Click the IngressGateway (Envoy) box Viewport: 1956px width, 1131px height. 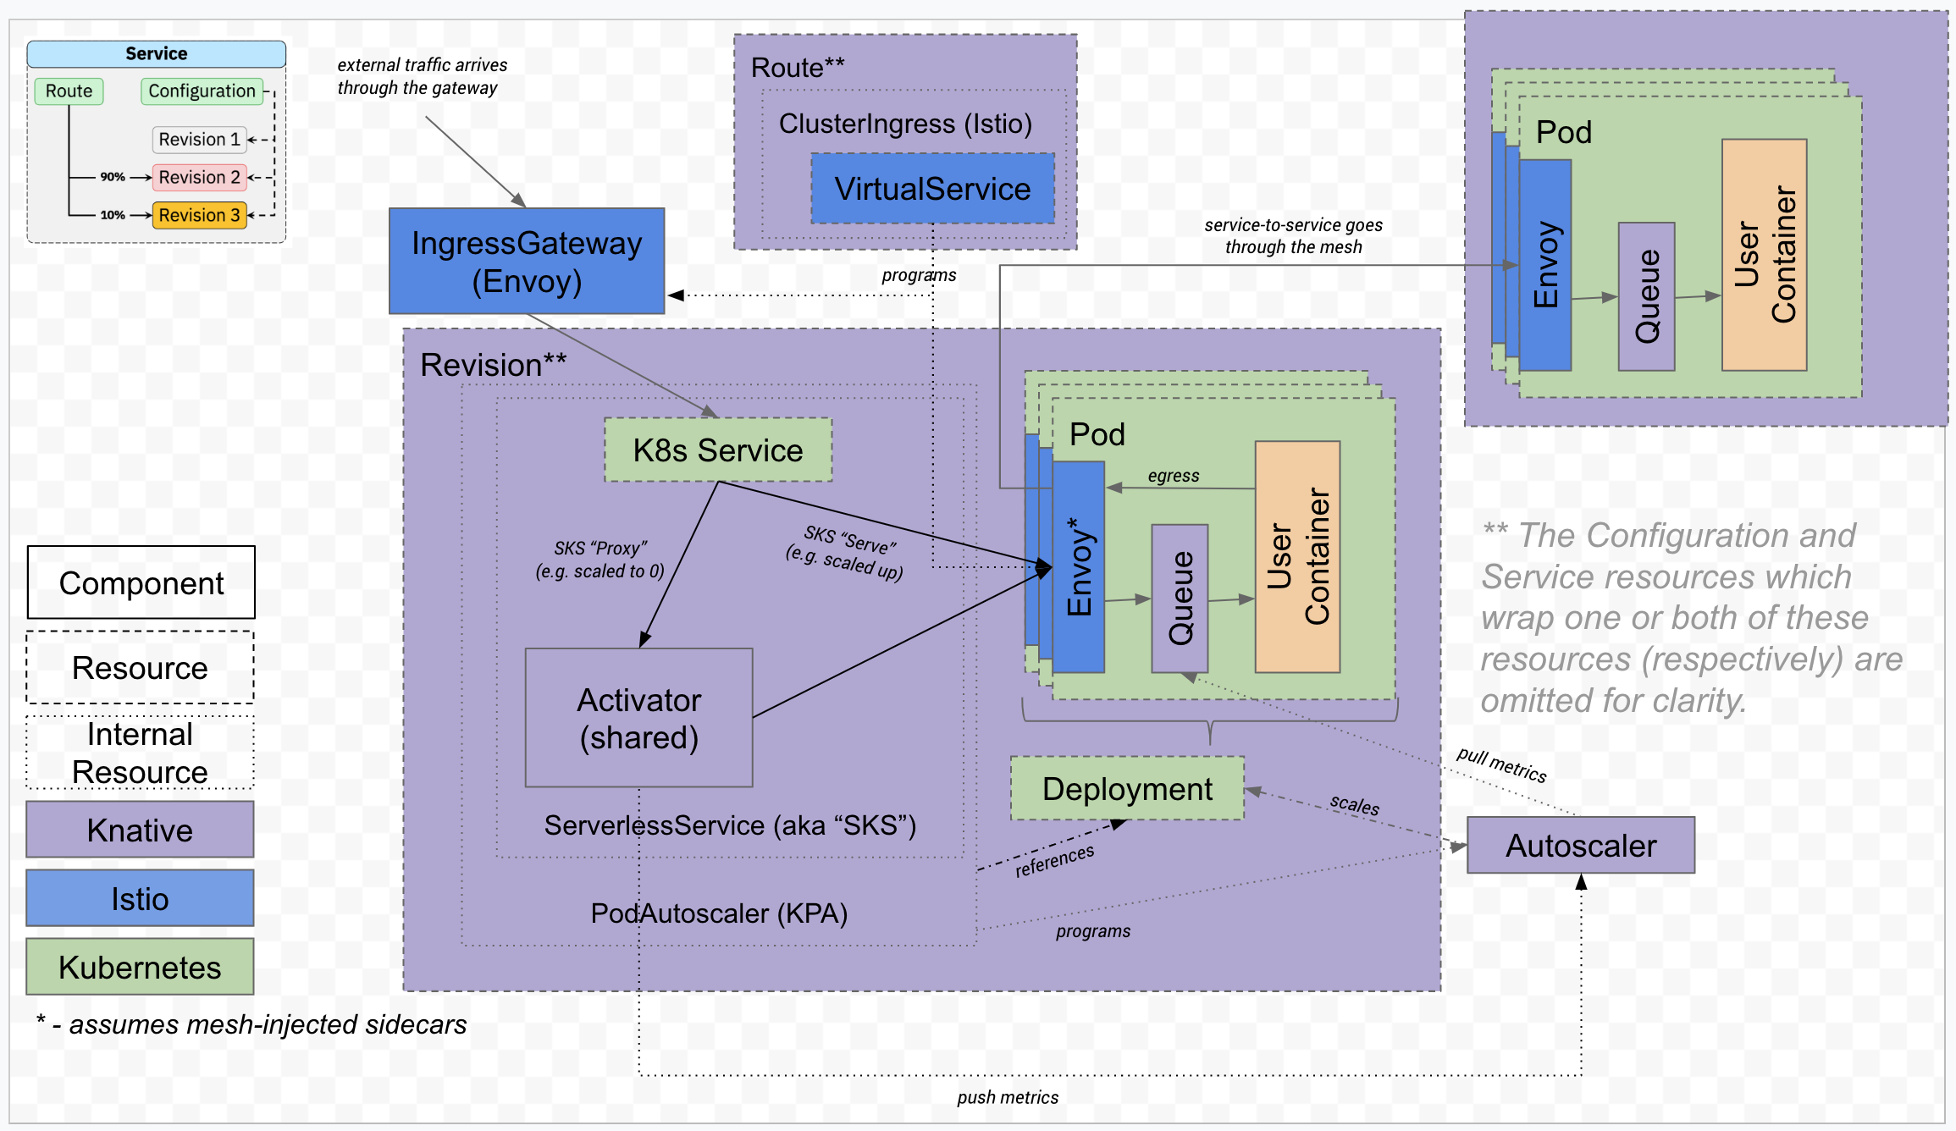pyautogui.click(x=527, y=261)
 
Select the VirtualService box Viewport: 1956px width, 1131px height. pyautogui.click(x=932, y=188)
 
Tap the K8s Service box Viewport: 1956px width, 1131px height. pyautogui.click(x=718, y=450)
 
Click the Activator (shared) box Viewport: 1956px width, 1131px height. pyautogui.click(x=639, y=718)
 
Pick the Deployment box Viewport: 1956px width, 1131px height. pyautogui.click(x=1127, y=788)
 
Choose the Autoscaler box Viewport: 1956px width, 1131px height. pyautogui.click(x=1581, y=845)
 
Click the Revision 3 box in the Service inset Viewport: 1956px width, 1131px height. pyautogui.click(x=199, y=215)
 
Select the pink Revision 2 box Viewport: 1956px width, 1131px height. pyautogui.click(x=199, y=177)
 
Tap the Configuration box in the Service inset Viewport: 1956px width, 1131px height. pyautogui.click(x=202, y=91)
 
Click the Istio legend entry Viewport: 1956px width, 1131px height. pyautogui.click(x=140, y=898)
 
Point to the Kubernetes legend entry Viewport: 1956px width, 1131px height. pyautogui.click(x=140, y=967)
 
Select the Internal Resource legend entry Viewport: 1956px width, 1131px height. pyautogui.click(x=140, y=753)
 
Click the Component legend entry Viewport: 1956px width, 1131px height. pyautogui.click(x=141, y=582)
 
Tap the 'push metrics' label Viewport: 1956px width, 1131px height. pyautogui.click(x=1008, y=1097)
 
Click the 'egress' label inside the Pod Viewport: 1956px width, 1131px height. pyautogui.click(x=1174, y=475)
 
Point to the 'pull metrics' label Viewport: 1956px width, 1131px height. pyautogui.click(x=1501, y=765)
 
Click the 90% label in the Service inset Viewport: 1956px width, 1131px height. pyautogui.click(x=113, y=177)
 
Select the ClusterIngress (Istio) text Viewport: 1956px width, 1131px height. pyautogui.click(x=905, y=124)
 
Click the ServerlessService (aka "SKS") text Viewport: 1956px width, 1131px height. pyautogui.click(x=730, y=825)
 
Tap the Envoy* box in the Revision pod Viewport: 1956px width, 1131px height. pyautogui.click(x=1079, y=567)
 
